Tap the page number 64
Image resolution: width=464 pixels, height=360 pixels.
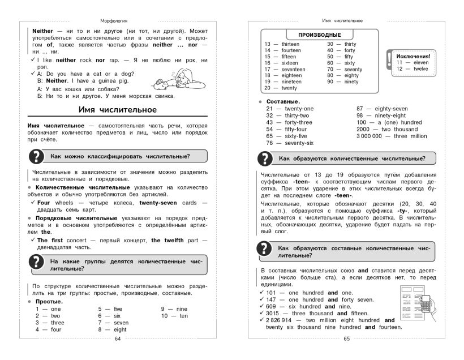(x=118, y=339)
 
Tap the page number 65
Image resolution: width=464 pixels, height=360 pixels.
(x=347, y=339)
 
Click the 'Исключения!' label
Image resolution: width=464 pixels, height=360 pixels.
(x=413, y=57)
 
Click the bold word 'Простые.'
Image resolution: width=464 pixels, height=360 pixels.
(x=49, y=302)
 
